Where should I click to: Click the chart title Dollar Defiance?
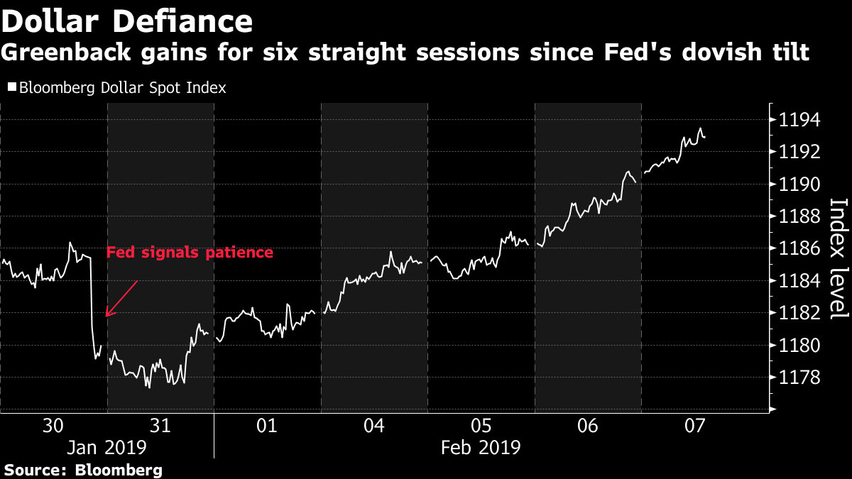pyautogui.click(x=127, y=21)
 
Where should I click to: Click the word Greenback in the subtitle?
pyautogui.click(x=66, y=53)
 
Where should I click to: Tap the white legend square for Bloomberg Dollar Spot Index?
pyautogui.click(x=12, y=87)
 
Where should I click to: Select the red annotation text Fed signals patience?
pyautogui.click(x=190, y=253)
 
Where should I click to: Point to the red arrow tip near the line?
pyautogui.click(x=106, y=316)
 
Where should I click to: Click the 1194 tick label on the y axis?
pyautogui.click(x=799, y=120)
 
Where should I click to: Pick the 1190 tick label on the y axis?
pyautogui.click(x=799, y=185)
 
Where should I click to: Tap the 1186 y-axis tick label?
pyautogui.click(x=799, y=249)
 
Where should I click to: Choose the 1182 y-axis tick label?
pyautogui.click(x=799, y=313)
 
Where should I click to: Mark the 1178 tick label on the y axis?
pyautogui.click(x=799, y=378)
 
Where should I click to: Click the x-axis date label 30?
pyautogui.click(x=53, y=426)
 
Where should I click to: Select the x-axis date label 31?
pyautogui.click(x=160, y=426)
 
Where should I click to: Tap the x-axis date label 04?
pyautogui.click(x=374, y=426)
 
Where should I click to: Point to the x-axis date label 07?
pyautogui.click(x=694, y=426)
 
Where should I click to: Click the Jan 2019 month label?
pyautogui.click(x=107, y=448)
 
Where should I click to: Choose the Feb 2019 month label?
pyautogui.click(x=481, y=448)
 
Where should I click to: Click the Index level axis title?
pyautogui.click(x=839, y=258)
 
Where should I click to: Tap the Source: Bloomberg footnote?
pyautogui.click(x=83, y=470)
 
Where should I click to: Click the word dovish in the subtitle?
pyautogui.click(x=721, y=53)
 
